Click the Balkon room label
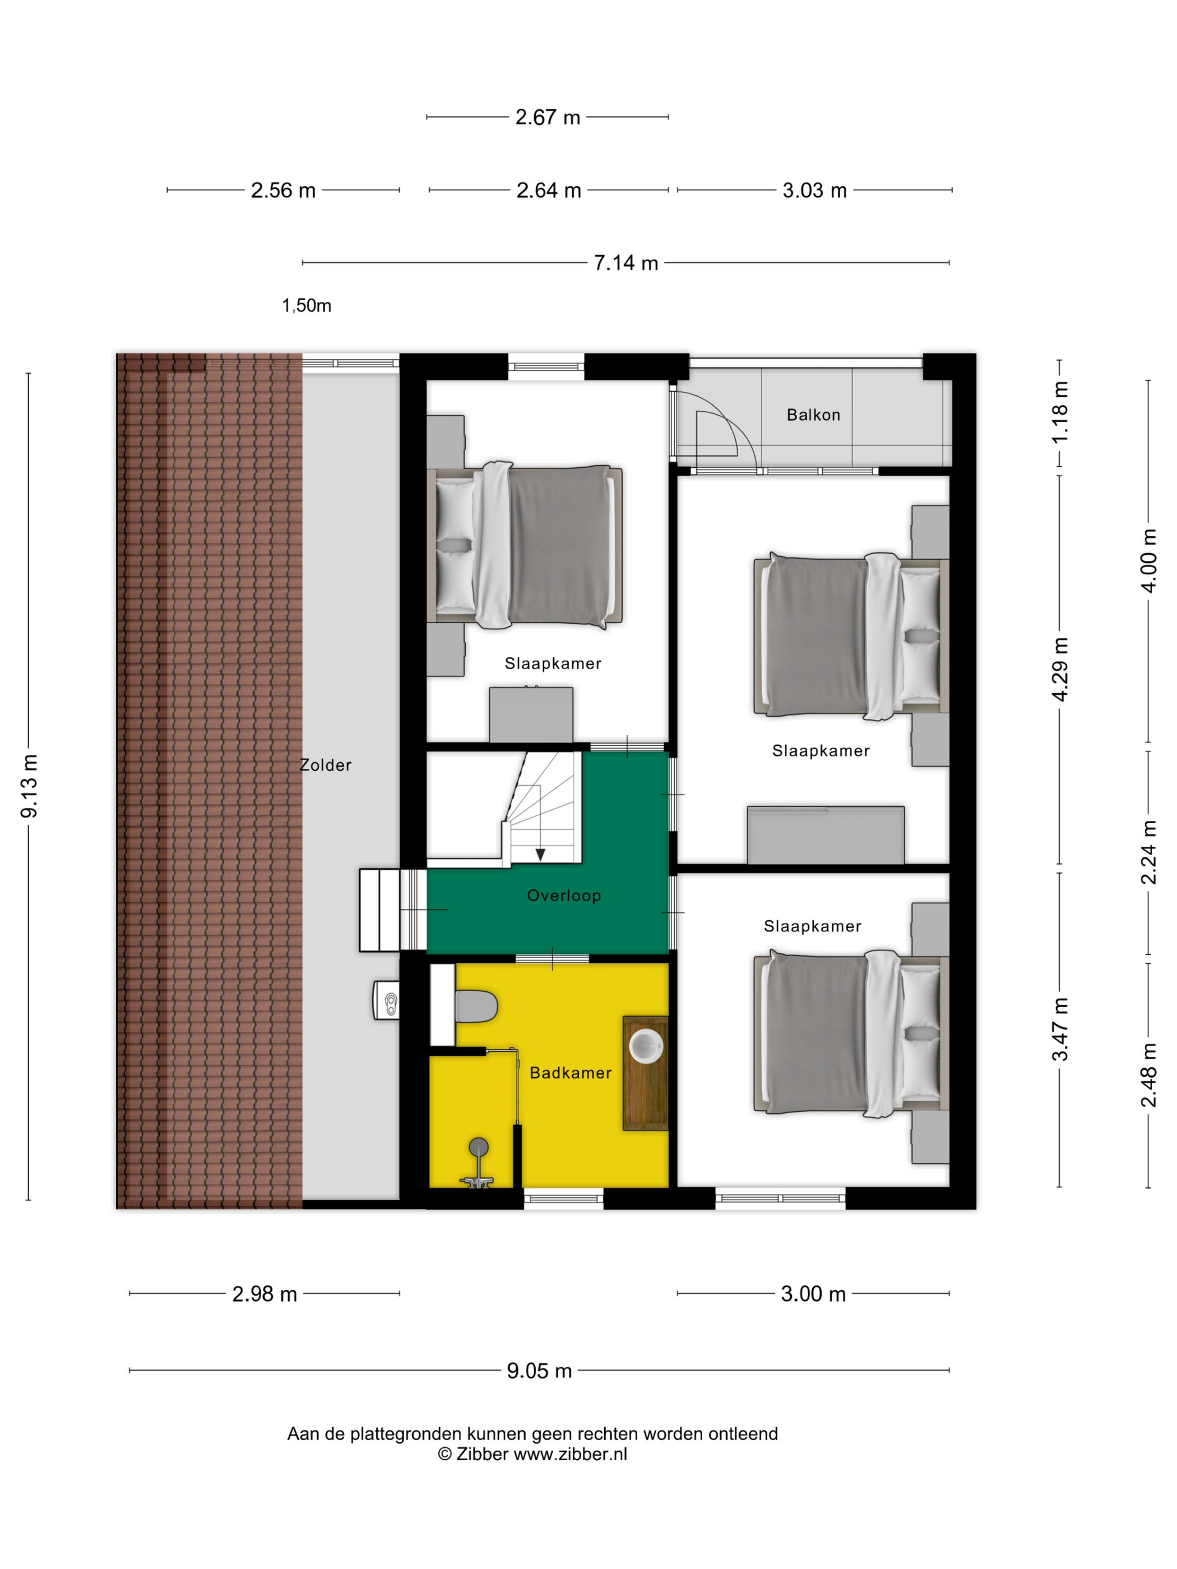813,415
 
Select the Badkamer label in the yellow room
571,1073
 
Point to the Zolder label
326,765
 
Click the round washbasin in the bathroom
646,1045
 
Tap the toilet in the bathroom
475,1006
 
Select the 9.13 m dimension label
29,786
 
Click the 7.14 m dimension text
625,263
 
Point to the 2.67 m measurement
548,117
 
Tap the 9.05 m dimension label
539,1371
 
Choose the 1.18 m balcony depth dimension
1059,412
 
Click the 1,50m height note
307,306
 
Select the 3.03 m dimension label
814,190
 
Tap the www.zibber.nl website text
571,1454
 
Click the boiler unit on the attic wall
386,1000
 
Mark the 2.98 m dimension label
265,1294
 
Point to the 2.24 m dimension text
1148,852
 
